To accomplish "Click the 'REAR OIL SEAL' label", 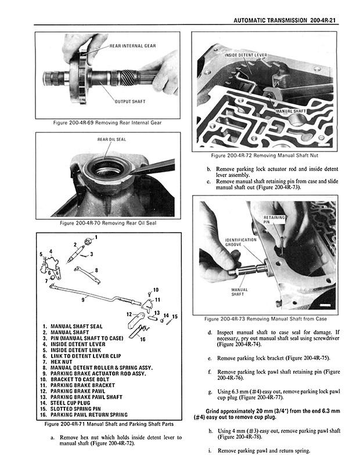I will pos(111,140).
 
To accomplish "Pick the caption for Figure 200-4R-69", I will pos(106,123).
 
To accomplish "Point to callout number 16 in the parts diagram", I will pos(143,339).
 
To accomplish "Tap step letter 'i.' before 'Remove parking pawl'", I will pos(210,451).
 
